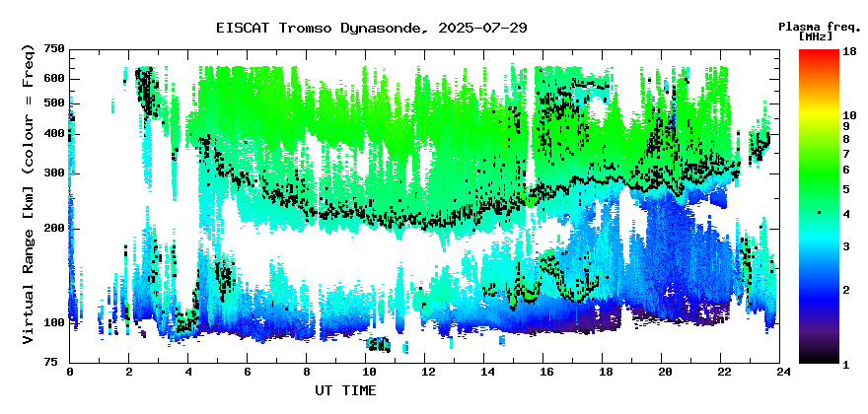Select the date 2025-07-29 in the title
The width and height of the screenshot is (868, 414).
point(482,28)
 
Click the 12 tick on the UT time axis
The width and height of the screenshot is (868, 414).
point(424,372)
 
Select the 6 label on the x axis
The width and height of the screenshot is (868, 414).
point(247,372)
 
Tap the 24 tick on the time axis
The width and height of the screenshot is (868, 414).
point(780,372)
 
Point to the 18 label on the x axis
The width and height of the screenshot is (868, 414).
point(603,372)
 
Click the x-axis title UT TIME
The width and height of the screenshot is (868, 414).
point(345,390)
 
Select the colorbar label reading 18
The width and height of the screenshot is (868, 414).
point(849,51)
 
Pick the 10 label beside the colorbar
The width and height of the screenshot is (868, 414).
point(849,115)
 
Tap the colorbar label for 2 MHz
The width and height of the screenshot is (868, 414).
point(847,290)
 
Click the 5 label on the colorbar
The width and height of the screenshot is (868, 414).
point(847,189)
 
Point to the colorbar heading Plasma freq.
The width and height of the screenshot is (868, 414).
point(820,27)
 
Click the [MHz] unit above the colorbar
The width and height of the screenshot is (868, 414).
point(816,36)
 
